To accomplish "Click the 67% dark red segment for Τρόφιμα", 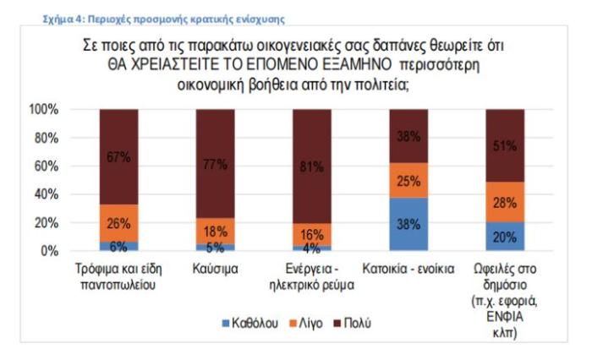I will coord(118,156).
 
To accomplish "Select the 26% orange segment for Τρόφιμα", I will coord(118,223).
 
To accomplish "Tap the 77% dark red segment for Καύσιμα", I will coord(215,164).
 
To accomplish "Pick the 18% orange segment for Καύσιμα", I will coord(215,232).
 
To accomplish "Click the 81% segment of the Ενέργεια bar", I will coord(312,166).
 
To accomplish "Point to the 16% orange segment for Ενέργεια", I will coord(312,234).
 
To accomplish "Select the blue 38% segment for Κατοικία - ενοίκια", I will coord(409,224).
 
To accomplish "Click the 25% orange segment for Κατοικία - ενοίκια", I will coord(409,180).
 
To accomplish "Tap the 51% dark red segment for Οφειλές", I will coord(506,145).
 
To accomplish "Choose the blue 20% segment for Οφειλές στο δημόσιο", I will coord(506,237).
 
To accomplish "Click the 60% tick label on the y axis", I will coord(45,166).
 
